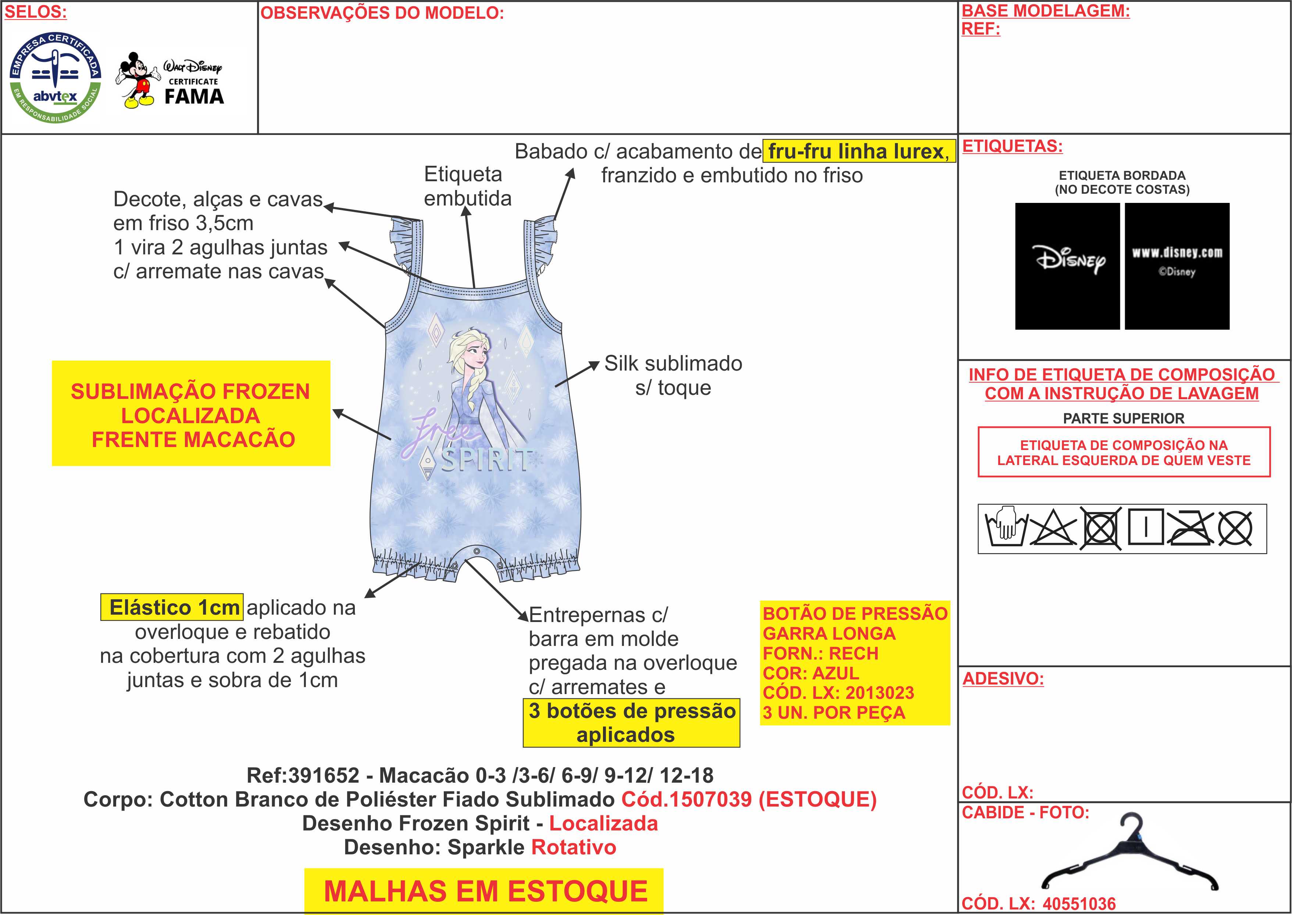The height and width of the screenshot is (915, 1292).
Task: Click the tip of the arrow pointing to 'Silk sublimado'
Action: [599, 362]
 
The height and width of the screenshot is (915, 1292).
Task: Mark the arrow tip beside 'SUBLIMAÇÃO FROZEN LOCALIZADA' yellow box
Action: [333, 411]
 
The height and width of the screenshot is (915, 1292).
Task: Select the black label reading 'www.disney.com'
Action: [1177, 266]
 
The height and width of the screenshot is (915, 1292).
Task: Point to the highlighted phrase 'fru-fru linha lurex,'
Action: [859, 151]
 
